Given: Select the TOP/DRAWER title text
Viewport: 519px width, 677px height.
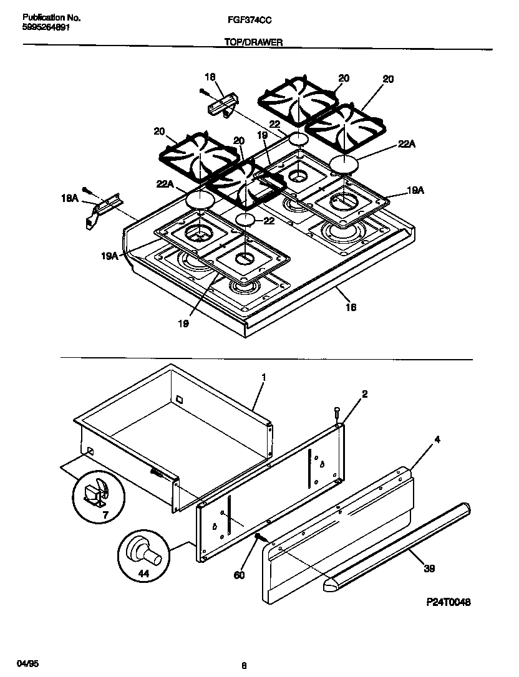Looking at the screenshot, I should coord(253,42).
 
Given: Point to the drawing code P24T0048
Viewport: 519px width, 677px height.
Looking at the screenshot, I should coord(447,602).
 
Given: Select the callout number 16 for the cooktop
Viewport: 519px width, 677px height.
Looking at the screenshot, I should coord(351,307).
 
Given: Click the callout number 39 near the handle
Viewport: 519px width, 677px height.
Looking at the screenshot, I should coord(429,568).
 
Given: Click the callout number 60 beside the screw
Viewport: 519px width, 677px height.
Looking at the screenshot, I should coord(239,575).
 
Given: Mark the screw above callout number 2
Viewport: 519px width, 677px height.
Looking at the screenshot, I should coord(337,413).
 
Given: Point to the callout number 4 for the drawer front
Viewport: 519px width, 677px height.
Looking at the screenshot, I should coord(437,440).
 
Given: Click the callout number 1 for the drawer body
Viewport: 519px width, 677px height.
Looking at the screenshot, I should coord(264,378).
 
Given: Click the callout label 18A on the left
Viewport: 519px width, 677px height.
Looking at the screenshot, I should coord(70,198).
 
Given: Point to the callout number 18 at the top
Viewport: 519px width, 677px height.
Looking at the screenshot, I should coord(210,77).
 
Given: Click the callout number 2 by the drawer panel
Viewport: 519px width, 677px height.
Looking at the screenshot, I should coord(365,394).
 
